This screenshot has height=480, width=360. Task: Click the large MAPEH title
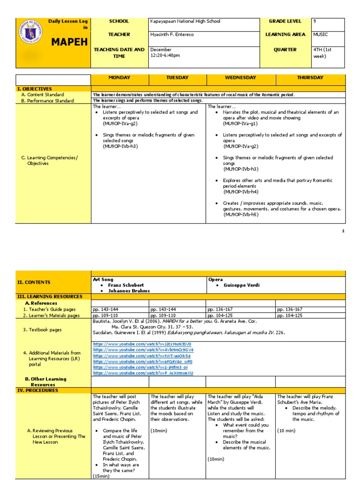(69, 42)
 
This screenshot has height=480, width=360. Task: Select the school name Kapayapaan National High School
(185, 21)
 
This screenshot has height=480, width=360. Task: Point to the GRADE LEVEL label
(285, 21)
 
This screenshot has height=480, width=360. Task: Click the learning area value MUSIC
(321, 35)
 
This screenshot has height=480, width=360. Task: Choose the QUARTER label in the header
(285, 50)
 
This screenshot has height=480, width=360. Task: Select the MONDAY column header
(120, 78)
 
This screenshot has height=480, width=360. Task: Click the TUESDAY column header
(177, 78)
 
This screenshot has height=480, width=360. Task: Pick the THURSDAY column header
(310, 78)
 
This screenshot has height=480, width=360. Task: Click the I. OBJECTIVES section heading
(35, 89)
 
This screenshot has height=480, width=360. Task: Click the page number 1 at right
(343, 231)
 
